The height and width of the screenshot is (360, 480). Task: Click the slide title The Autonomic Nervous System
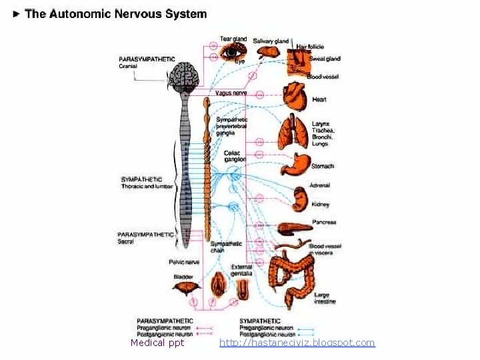point(115,13)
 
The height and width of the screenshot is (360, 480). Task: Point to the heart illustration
point(293,97)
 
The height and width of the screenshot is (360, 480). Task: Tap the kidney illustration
point(299,199)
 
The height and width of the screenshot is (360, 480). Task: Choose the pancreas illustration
point(294,227)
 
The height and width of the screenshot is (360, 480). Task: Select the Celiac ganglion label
point(235,156)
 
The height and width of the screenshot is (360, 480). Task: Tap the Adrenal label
point(319,185)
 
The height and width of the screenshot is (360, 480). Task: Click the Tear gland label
point(233,39)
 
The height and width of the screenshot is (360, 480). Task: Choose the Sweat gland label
point(325,59)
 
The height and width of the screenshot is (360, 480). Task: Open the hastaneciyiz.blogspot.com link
point(297,343)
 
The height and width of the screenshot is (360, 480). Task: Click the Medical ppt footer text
point(157,343)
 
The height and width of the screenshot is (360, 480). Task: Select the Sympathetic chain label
point(226,247)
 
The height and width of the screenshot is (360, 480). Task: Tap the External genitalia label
point(241,270)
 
